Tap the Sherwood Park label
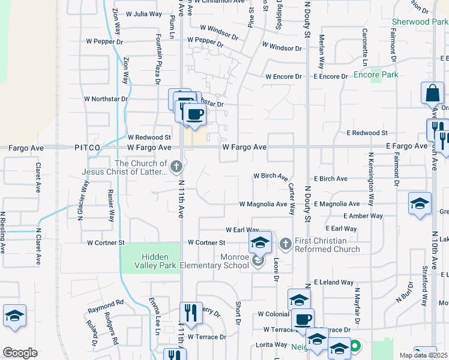tap(420, 22)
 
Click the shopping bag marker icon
tap(432, 94)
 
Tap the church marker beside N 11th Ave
tap(176, 166)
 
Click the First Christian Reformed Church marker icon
tap(285, 244)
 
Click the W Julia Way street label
tap(139, 13)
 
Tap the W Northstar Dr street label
tap(106, 99)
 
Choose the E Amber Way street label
tap(363, 216)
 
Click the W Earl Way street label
tap(242, 230)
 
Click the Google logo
tap(20, 353)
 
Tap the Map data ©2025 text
tap(423, 355)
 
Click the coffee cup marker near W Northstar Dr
tap(193, 113)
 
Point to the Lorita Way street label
tap(271, 344)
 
